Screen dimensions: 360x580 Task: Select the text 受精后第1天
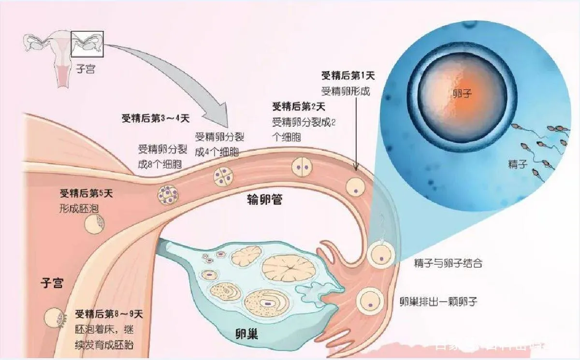348,75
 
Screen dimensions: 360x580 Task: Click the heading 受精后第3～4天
154,118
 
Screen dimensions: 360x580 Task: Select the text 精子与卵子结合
448,264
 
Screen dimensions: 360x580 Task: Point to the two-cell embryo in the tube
301,167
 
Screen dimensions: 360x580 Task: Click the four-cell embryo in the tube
224,177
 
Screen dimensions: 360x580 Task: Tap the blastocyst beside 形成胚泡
94,224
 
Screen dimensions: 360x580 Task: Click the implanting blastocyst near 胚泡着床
54,318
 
